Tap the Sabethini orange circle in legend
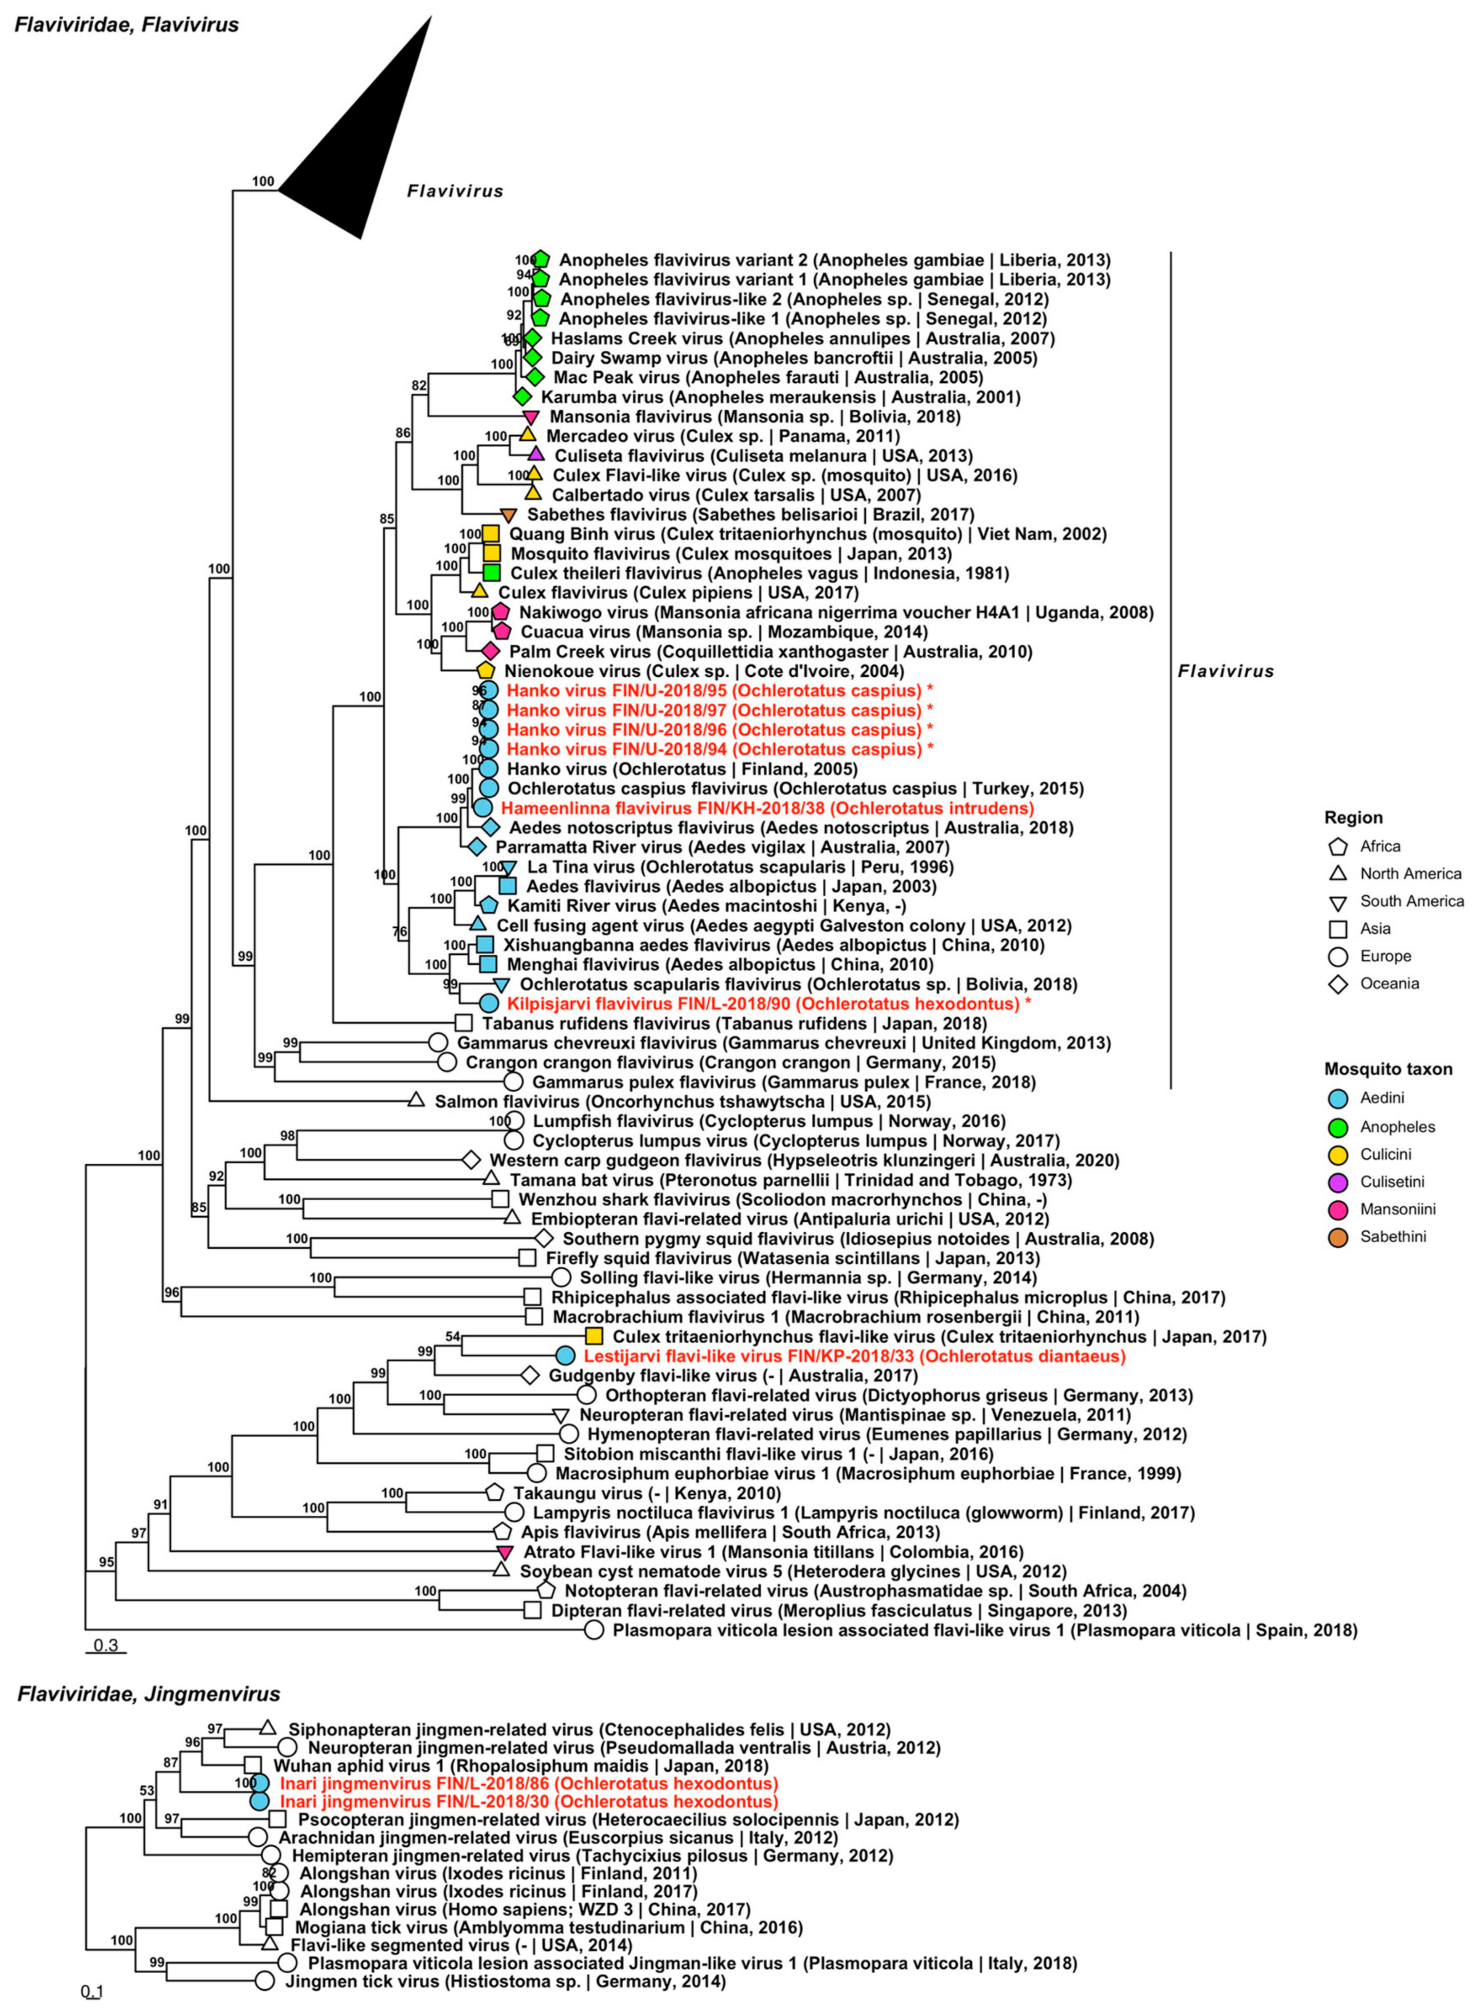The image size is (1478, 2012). tap(1338, 1237)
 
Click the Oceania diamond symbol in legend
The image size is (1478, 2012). tap(1338, 984)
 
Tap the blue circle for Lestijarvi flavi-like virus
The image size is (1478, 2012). tap(564, 1356)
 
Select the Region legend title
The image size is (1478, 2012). tap(1353, 818)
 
